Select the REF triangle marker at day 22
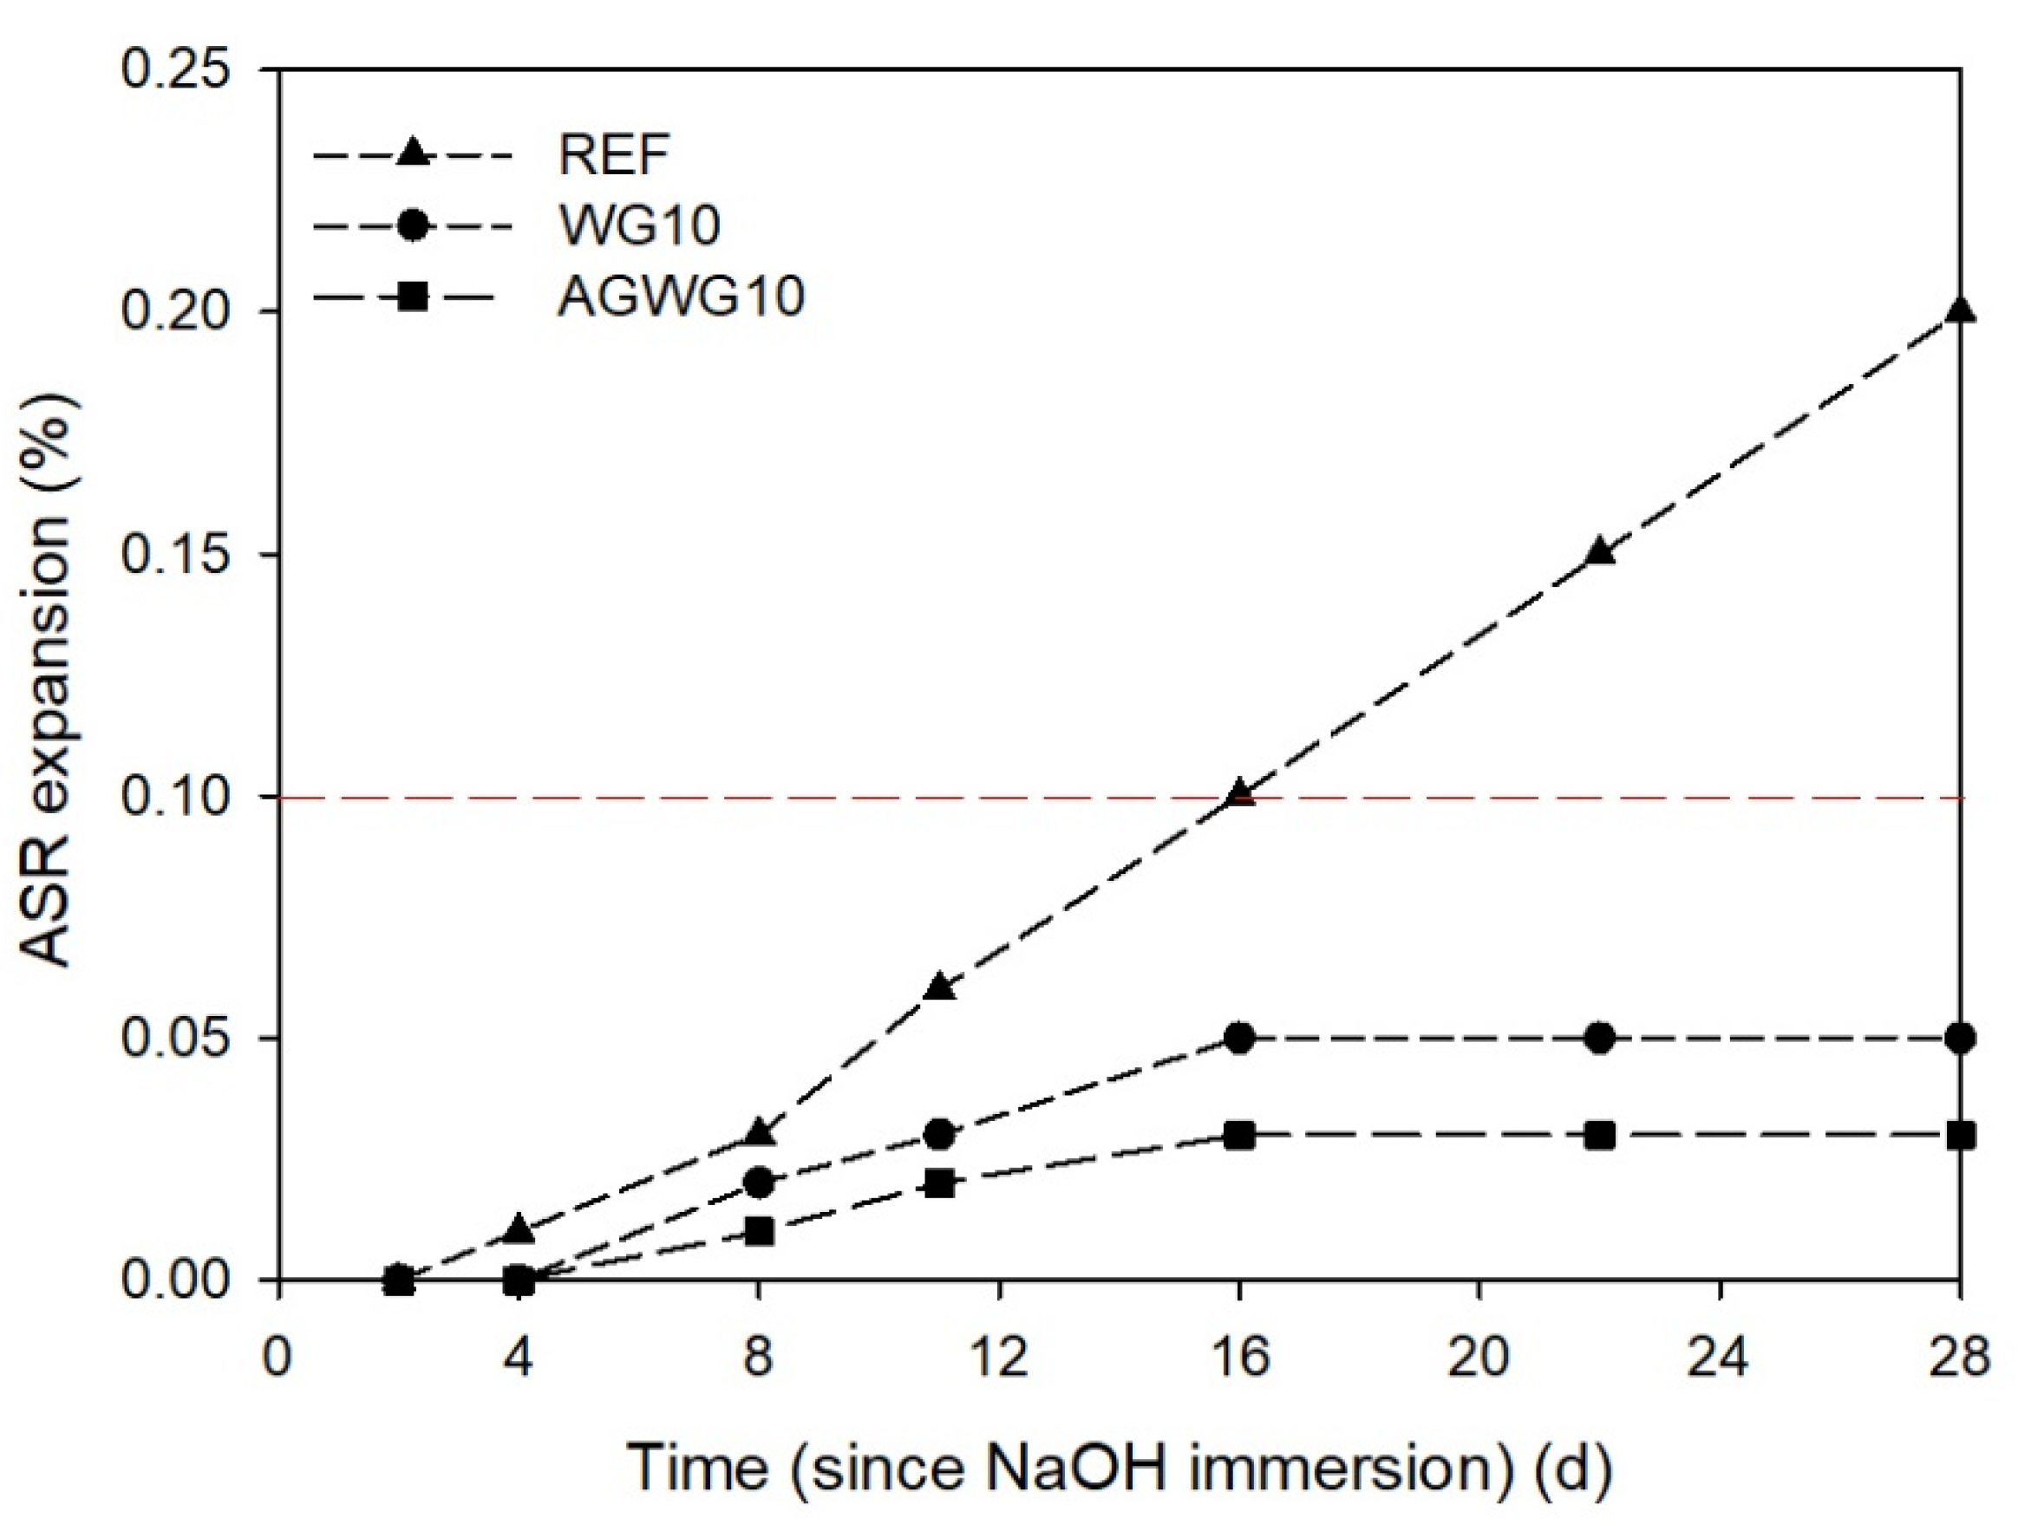pos(1599,552)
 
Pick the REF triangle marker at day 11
pos(939,987)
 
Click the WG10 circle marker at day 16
pos(1240,1038)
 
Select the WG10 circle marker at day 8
pos(759,1183)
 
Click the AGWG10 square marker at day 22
pos(1599,1135)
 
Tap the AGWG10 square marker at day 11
pos(939,1183)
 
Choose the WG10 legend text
pos(639,225)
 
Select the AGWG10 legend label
pos(680,297)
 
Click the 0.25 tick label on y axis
pos(174,69)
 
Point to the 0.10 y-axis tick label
pos(174,798)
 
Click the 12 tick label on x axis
pos(998,1356)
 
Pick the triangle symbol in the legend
pos(413,152)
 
